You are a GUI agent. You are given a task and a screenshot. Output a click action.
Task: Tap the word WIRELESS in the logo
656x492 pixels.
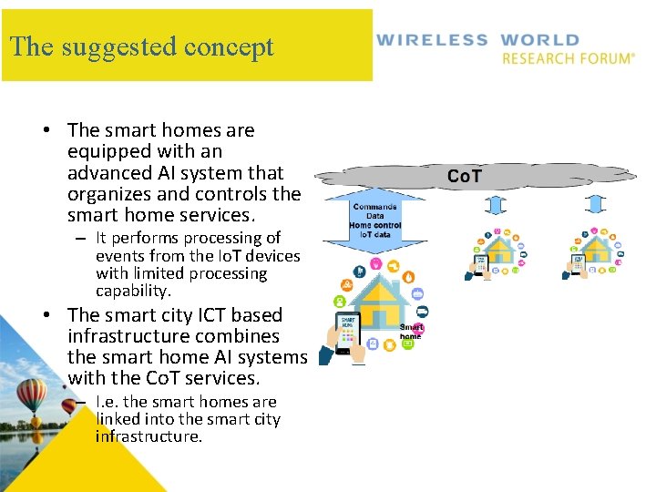tap(432, 40)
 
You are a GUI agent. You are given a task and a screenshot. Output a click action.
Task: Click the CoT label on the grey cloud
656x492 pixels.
tap(465, 176)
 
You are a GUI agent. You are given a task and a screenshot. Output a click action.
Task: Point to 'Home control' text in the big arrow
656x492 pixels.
tap(374, 225)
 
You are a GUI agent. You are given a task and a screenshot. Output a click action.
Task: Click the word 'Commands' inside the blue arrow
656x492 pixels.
tap(374, 207)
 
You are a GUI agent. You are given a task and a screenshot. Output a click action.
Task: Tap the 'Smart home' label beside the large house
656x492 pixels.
tap(411, 331)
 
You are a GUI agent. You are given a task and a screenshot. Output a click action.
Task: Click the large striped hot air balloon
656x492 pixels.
tap(32, 395)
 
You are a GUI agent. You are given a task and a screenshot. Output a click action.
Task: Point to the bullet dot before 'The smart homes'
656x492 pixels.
tap(46, 130)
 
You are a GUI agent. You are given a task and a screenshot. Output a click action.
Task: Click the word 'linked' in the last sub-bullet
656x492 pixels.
tap(119, 419)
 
